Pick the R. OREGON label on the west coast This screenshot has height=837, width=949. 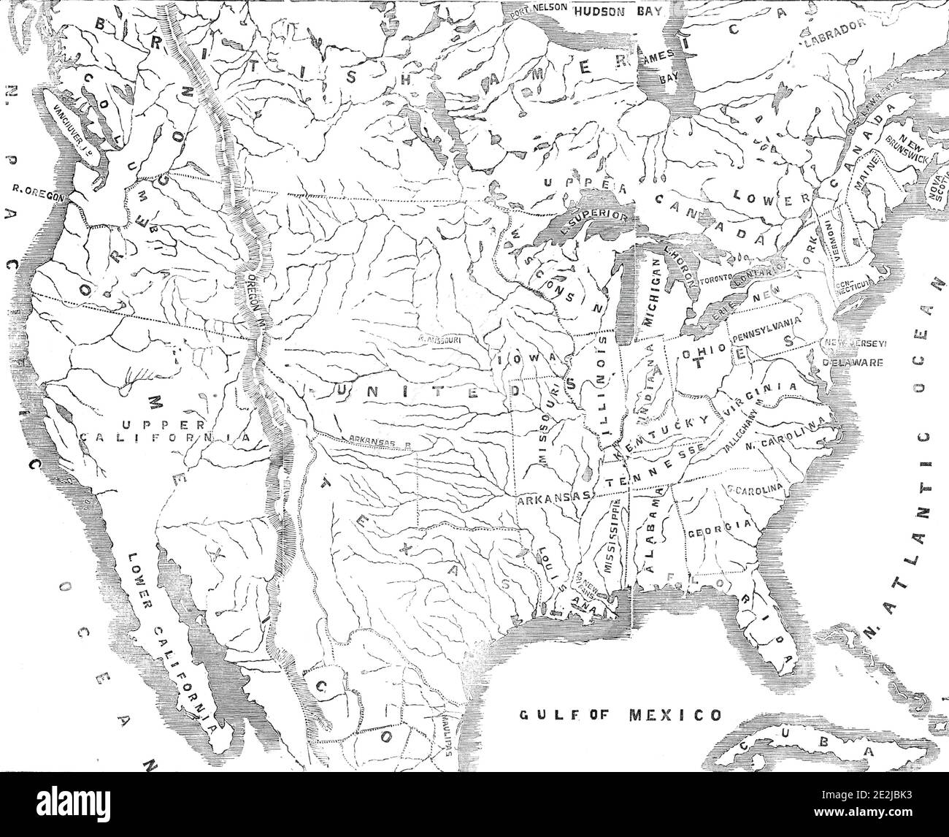(x=39, y=196)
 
